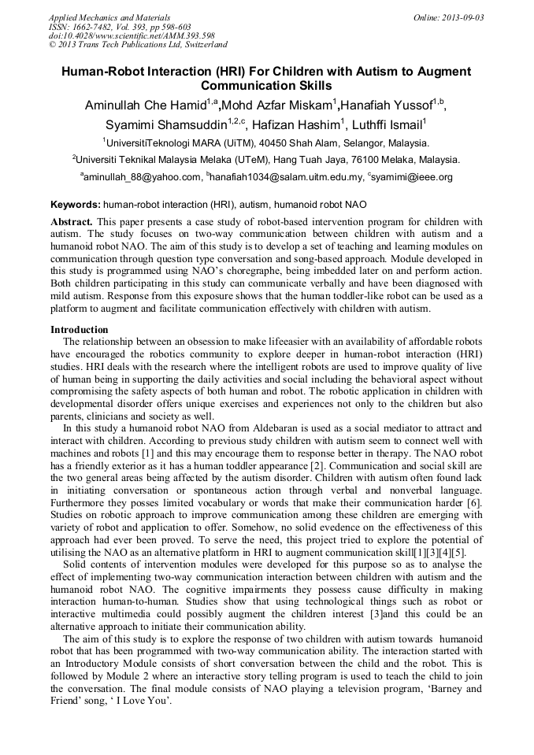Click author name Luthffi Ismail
pyautogui.click(x=383, y=125)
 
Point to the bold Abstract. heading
pyautogui.click(x=72, y=223)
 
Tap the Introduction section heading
pyautogui.click(x=79, y=329)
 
